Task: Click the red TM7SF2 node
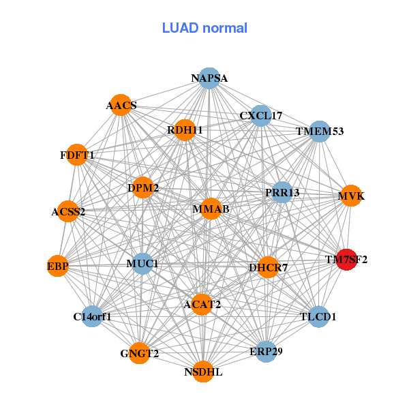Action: pyautogui.click(x=346, y=260)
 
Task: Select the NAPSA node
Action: pyautogui.click(x=209, y=78)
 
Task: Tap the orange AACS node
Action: pyautogui.click(x=121, y=105)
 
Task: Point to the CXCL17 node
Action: pyautogui.click(x=261, y=116)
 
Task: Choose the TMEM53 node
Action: pyautogui.click(x=320, y=132)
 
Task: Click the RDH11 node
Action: pyautogui.click(x=185, y=130)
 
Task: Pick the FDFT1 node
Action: pyautogui.click(x=76, y=155)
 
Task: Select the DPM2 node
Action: pyautogui.click(x=143, y=187)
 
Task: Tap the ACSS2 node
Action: pyautogui.click(x=68, y=211)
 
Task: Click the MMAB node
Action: pyautogui.click(x=211, y=209)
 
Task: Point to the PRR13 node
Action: pyautogui.click(x=282, y=192)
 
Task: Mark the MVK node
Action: pyautogui.click(x=351, y=196)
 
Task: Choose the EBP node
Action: pyautogui.click(x=58, y=266)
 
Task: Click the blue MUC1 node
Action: pyautogui.click(x=142, y=263)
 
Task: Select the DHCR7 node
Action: pyautogui.click(x=268, y=267)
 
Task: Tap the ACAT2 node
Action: pyautogui.click(x=202, y=305)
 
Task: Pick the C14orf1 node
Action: pyautogui.click(x=92, y=316)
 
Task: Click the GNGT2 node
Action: pyautogui.click(x=140, y=353)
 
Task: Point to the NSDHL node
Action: pyautogui.click(x=203, y=372)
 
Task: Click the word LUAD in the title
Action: pyautogui.click(x=180, y=28)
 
